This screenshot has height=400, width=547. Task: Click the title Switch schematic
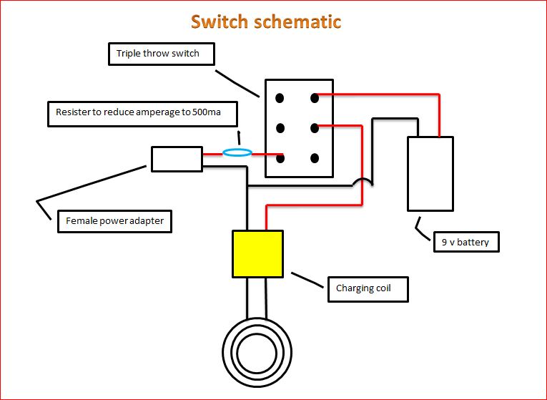[266, 21]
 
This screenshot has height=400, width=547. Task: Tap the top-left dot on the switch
[281, 97]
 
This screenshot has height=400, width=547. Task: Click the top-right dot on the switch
[314, 97]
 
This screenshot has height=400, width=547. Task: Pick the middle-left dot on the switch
[281, 128]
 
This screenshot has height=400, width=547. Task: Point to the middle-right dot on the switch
[314, 128]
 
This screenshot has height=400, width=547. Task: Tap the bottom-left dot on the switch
[281, 158]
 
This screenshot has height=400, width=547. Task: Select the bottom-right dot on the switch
[314, 158]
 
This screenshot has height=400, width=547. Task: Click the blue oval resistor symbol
[237, 152]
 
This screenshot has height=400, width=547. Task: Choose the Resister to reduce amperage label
[142, 113]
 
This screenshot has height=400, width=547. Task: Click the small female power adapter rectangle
[177, 159]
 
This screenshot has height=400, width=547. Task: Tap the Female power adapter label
[114, 220]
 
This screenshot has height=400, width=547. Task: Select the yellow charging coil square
[257, 253]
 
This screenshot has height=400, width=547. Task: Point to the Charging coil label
[367, 288]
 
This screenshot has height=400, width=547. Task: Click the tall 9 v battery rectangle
[430, 174]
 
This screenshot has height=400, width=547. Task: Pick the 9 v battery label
[465, 242]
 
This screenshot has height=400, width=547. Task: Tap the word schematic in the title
[297, 21]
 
